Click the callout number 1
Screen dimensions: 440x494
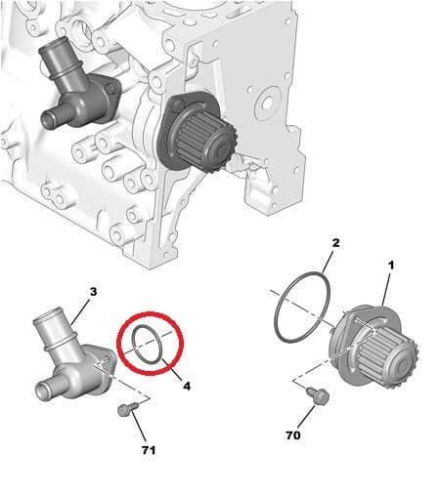point(391,266)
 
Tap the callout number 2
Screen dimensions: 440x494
point(335,243)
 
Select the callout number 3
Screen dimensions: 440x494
point(93,292)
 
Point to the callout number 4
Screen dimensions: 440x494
point(187,387)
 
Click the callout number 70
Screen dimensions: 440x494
point(293,435)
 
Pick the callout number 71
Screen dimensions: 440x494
point(149,450)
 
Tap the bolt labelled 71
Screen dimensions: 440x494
point(127,409)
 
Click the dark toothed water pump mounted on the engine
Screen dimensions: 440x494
point(196,130)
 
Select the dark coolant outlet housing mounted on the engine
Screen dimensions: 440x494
point(78,90)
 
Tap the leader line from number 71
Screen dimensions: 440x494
point(139,429)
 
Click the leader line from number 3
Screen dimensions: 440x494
point(79,311)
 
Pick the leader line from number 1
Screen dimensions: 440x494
point(386,288)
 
